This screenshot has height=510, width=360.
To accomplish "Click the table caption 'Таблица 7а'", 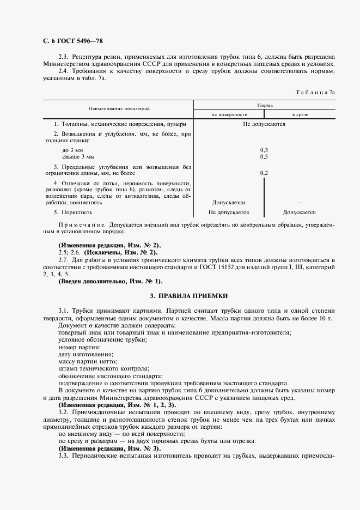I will (x=315, y=93).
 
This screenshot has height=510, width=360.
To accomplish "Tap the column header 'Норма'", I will (x=265, y=104).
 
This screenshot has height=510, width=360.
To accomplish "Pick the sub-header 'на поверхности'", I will (x=229, y=114).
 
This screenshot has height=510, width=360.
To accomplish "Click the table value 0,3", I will (x=264, y=149).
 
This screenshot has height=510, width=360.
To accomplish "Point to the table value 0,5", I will (x=264, y=156).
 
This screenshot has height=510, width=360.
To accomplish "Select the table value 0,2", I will (x=264, y=173).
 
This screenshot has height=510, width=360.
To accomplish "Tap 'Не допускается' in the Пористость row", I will (x=229, y=212).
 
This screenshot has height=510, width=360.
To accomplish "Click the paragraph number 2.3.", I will (x=63, y=57).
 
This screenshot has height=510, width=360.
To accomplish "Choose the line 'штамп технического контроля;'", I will (x=95, y=368).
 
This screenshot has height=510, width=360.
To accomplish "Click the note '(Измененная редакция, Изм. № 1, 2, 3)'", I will (x=117, y=405).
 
